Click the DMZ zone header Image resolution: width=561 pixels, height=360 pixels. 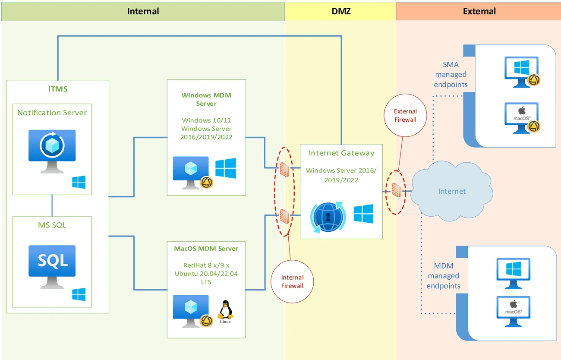click(340, 11)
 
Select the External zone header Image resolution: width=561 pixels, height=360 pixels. click(479, 11)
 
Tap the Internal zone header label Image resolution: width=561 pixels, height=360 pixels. click(143, 11)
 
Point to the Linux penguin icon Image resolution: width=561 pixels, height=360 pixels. click(225, 310)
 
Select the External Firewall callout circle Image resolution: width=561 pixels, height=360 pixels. click(405, 115)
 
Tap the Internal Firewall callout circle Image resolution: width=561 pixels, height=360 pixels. click(292, 281)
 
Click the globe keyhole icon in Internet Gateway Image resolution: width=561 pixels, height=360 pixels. click(327, 215)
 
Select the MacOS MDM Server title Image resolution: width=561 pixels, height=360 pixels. click(206, 249)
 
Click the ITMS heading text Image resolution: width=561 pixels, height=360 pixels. click(57, 89)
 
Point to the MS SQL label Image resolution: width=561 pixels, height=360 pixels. click(52, 225)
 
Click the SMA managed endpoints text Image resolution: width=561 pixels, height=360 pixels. click(451, 75)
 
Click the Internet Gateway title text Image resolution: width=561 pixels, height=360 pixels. click(341, 153)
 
